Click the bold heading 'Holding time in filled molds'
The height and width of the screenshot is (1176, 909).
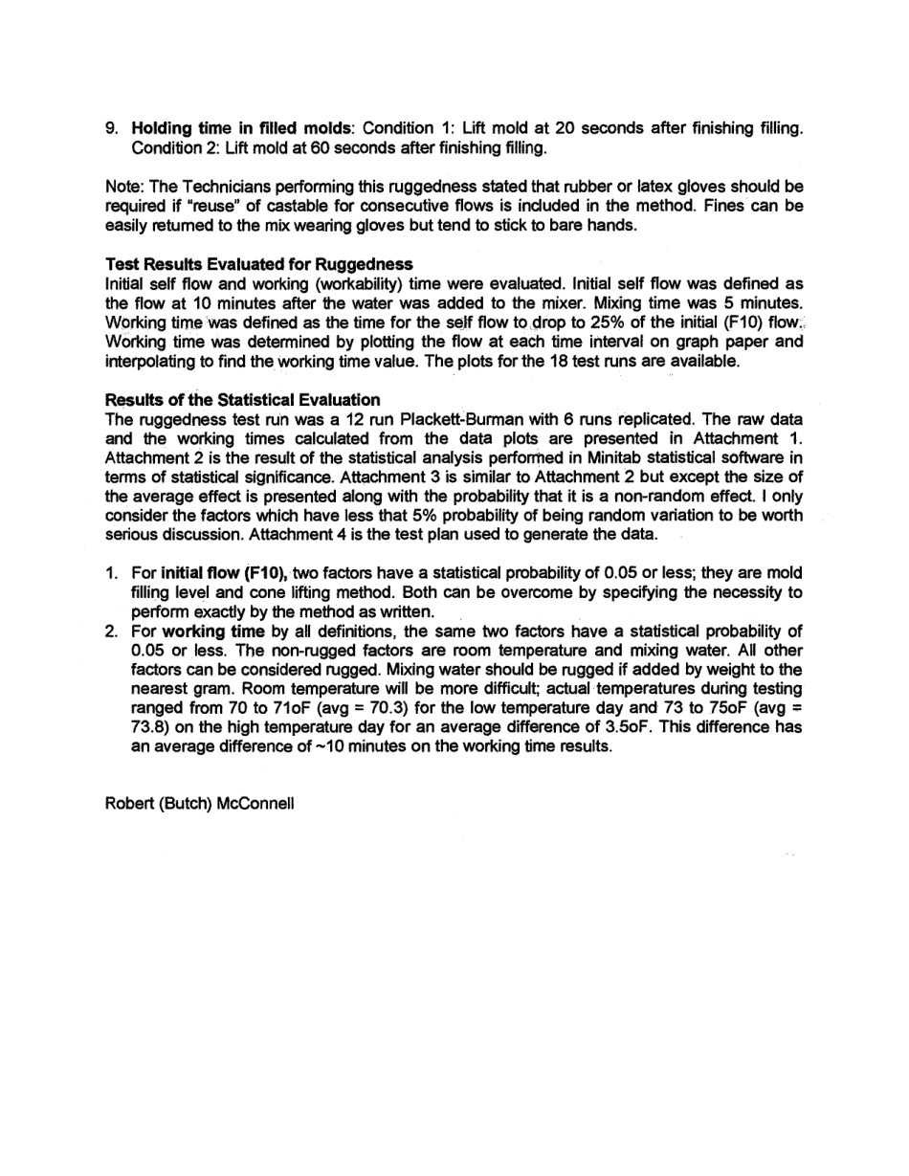240,128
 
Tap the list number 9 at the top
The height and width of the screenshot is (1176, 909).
110,128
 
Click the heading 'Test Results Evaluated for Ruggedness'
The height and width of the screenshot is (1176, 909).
258,263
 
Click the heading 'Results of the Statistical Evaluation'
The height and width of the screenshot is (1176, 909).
242,399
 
